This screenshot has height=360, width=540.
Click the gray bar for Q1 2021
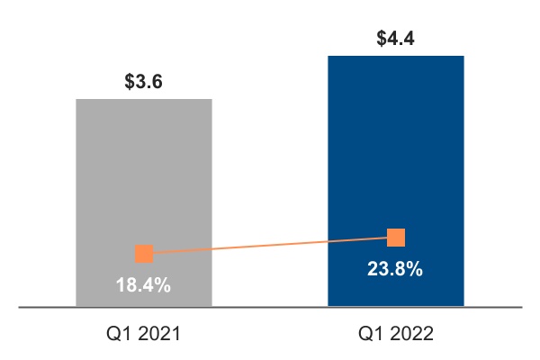144,180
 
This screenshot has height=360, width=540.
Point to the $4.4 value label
396,40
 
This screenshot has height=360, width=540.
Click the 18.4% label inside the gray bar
143,285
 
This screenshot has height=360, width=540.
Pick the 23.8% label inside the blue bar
395,268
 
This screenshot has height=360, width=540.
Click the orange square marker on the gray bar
144,254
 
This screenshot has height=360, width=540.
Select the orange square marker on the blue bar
396,238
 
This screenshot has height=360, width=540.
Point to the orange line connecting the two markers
270,246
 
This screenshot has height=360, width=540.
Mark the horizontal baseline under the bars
270,307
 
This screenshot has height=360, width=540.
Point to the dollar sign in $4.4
382,40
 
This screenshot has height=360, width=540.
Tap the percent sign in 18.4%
163,285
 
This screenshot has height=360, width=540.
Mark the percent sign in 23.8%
415,268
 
